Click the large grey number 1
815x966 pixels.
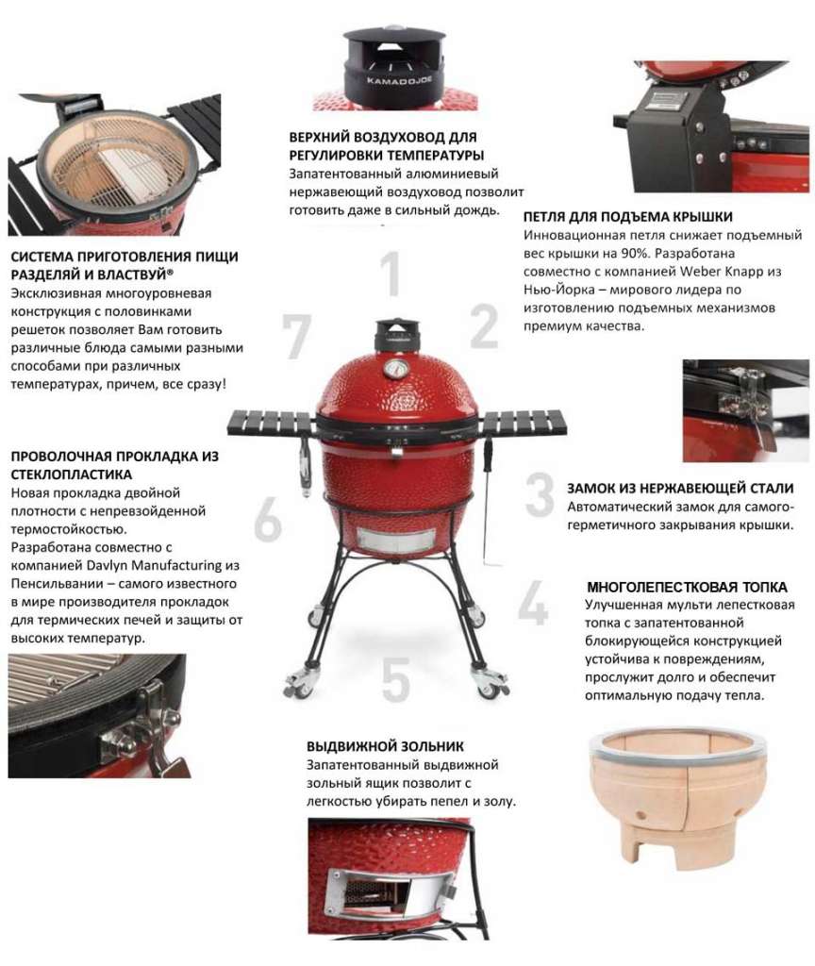[391, 273]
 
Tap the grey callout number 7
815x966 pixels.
[296, 336]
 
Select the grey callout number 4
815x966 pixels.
[533, 602]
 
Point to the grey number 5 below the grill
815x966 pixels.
[396, 679]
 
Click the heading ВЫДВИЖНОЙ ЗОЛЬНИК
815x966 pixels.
[385, 746]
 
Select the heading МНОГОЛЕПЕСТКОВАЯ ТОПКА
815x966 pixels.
[687, 587]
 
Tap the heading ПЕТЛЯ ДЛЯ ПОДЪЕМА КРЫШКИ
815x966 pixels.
[627, 217]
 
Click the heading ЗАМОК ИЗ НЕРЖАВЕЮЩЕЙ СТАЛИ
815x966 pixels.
[680, 489]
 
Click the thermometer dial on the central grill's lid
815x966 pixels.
[395, 370]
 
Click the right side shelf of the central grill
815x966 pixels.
[523, 423]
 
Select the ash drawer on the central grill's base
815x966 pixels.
[394, 541]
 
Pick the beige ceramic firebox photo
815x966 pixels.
[677, 794]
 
